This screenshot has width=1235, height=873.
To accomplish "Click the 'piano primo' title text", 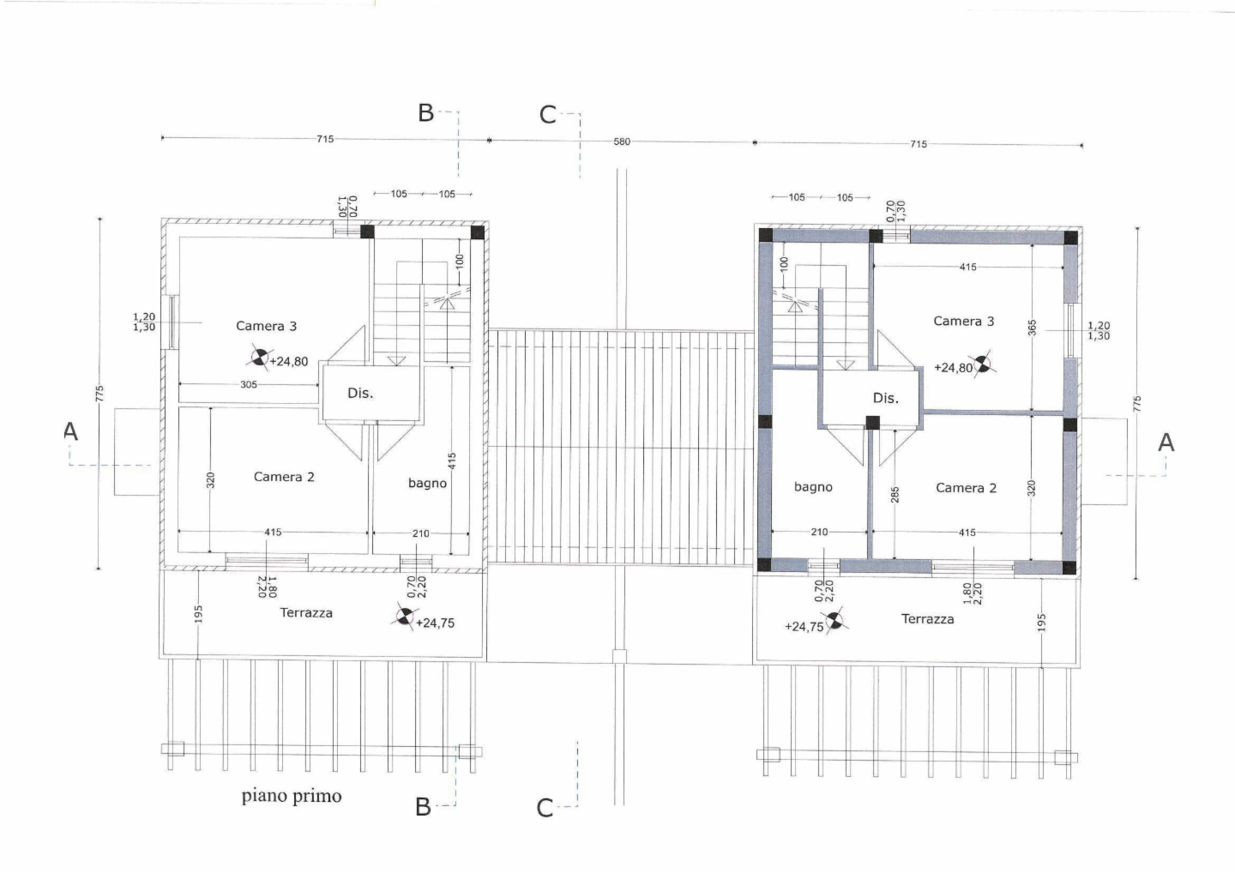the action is pyautogui.click(x=292, y=797).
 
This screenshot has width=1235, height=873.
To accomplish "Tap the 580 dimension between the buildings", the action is pyautogui.click(x=622, y=141).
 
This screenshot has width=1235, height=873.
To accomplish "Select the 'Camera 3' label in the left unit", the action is pyautogui.click(x=266, y=326).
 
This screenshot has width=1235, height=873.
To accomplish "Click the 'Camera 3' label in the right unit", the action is pyautogui.click(x=964, y=321).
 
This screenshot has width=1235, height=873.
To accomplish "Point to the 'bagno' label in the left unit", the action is pyautogui.click(x=427, y=484).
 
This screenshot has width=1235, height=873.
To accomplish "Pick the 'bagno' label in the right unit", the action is pyautogui.click(x=813, y=486).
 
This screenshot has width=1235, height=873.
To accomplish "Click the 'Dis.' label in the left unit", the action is pyautogui.click(x=360, y=393).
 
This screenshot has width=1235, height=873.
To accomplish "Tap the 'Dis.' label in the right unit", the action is pyautogui.click(x=885, y=398).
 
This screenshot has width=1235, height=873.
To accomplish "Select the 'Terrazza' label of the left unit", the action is pyautogui.click(x=306, y=613).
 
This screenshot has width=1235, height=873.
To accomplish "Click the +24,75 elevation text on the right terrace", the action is pyautogui.click(x=804, y=627).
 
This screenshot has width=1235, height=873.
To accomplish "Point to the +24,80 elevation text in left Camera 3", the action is pyautogui.click(x=289, y=362).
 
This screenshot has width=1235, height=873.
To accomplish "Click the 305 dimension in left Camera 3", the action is pyautogui.click(x=249, y=384).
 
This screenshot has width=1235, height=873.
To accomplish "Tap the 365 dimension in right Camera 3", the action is pyautogui.click(x=1032, y=328).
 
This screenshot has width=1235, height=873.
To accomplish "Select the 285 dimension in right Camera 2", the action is pyautogui.click(x=895, y=494).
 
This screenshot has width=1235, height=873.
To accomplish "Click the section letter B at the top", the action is pyautogui.click(x=425, y=113).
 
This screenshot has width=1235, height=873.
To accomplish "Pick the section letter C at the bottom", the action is pyautogui.click(x=545, y=809).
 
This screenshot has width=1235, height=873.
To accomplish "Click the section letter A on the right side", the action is pyautogui.click(x=1166, y=443).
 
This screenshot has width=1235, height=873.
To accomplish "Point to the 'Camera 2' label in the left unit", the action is pyautogui.click(x=284, y=477).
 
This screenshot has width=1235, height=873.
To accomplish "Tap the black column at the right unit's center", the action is pyautogui.click(x=872, y=423).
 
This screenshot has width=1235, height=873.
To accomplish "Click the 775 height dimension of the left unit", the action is pyautogui.click(x=99, y=393).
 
